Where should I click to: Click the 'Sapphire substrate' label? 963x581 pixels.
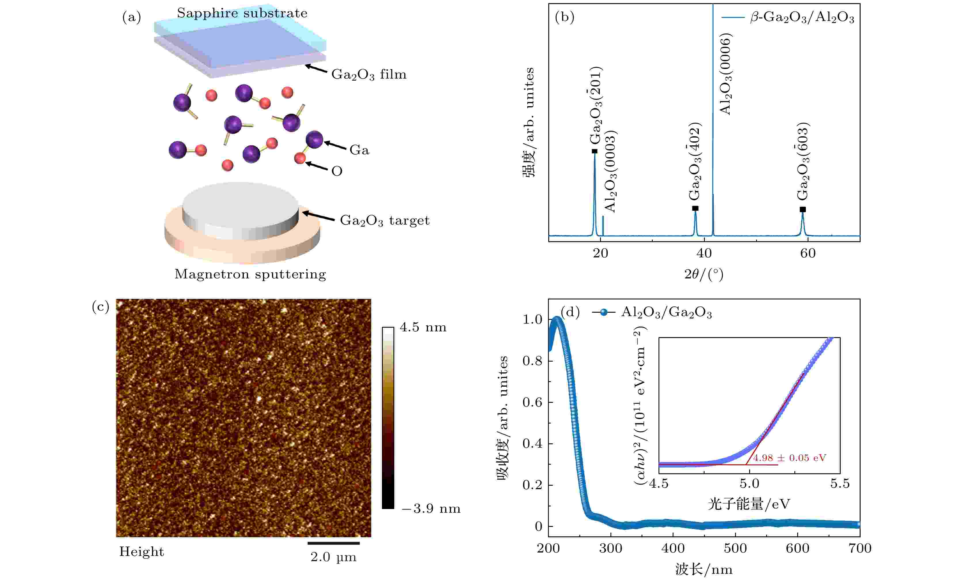(242, 13)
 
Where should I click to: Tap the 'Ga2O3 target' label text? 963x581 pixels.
(385, 221)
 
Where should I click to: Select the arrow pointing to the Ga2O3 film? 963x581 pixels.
(316, 69)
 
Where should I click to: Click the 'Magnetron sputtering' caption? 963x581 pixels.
(250, 274)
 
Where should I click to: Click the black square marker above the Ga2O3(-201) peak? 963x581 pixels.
(594, 151)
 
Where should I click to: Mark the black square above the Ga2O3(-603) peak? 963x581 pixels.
(803, 210)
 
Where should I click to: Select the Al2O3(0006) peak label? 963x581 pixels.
(725, 74)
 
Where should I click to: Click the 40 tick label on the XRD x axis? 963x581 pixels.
(704, 253)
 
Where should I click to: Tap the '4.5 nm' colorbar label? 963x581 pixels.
(423, 327)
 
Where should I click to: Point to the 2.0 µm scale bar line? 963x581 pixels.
(333, 543)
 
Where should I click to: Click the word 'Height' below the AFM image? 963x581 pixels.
(142, 552)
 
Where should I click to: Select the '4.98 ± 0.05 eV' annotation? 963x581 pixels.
(789, 458)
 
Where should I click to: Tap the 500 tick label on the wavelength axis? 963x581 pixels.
(735, 548)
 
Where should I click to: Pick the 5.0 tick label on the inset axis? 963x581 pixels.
(749, 484)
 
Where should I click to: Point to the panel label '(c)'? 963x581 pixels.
(100, 307)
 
